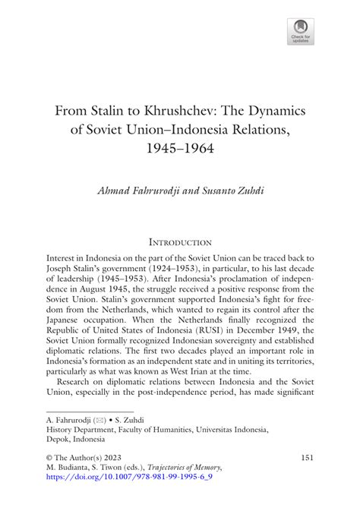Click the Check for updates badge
point(301,28)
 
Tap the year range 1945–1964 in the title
point(180,149)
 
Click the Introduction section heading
point(180,241)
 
